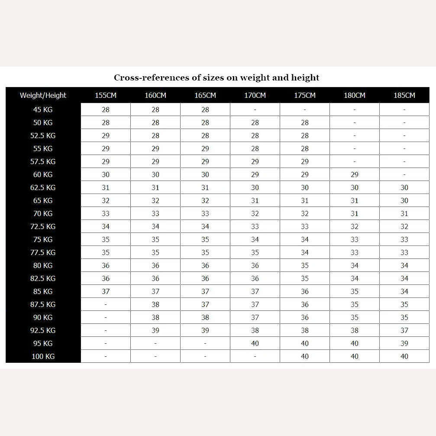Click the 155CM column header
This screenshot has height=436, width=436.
(106, 95)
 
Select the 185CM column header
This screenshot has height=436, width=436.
(404, 95)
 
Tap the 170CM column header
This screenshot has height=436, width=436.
(255, 95)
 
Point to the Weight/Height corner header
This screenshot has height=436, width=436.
(43, 95)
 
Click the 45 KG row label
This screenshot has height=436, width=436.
(43, 110)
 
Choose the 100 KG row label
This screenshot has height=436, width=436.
(43, 356)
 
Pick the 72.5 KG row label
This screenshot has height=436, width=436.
(43, 226)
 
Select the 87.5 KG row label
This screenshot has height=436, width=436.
(43, 304)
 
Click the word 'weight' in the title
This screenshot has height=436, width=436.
(255, 78)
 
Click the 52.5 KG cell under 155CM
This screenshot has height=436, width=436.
(106, 136)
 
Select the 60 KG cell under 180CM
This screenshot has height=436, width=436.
(355, 174)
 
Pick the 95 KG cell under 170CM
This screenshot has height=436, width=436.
(255, 343)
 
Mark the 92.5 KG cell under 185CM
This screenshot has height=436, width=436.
(404, 330)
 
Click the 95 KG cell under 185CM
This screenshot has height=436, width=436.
(404, 343)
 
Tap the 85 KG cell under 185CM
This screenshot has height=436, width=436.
(404, 291)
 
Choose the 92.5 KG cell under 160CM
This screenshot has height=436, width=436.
(155, 330)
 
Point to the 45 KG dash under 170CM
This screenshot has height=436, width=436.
(255, 110)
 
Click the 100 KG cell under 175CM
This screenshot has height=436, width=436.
(305, 356)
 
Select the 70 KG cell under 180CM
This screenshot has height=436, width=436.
(355, 213)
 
